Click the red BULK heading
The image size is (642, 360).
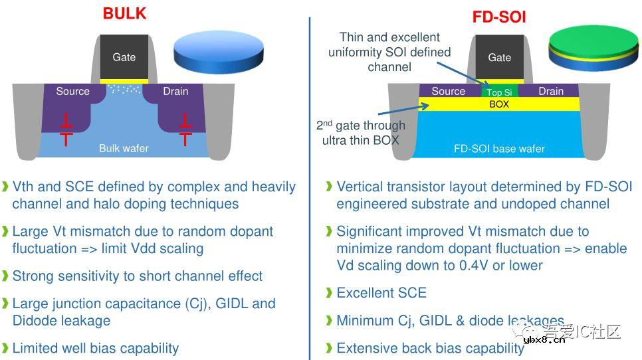(x=124, y=13)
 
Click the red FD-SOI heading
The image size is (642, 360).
(x=499, y=17)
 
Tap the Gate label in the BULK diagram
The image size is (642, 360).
(x=124, y=57)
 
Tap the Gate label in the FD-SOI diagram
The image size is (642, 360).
(x=500, y=58)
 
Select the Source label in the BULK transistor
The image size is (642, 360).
(x=72, y=91)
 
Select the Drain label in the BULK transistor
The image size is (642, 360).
(x=175, y=91)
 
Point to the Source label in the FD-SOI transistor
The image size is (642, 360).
(x=448, y=91)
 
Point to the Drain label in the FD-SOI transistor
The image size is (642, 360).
(x=551, y=91)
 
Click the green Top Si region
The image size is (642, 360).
(x=499, y=92)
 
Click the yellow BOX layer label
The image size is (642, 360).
(x=499, y=104)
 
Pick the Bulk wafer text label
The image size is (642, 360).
(x=124, y=148)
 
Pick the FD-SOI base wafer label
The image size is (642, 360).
(x=499, y=149)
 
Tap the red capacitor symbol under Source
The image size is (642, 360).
(x=65, y=129)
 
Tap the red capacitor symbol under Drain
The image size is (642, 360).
(x=185, y=129)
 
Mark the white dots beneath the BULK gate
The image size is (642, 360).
(x=124, y=88)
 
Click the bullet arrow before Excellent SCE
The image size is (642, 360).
(x=329, y=293)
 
